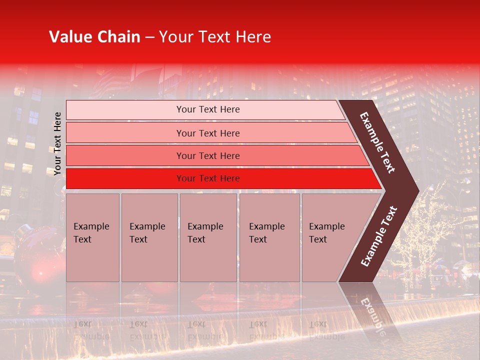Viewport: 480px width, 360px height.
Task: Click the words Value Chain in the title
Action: [94, 37]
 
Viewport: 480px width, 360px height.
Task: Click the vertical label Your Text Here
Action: [57, 143]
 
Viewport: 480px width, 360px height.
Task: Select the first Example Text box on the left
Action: [92, 237]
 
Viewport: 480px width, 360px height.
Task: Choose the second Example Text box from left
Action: [149, 237]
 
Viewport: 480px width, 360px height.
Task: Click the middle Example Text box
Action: [208, 237]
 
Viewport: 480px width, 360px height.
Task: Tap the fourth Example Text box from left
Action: [269, 237]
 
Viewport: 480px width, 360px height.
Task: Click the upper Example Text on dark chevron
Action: [378, 142]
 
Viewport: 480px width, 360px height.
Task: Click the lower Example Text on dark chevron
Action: [379, 236]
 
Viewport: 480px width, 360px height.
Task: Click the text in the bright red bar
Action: [208, 178]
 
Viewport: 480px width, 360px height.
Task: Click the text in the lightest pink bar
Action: [208, 109]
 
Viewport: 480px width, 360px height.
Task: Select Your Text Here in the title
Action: [215, 37]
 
